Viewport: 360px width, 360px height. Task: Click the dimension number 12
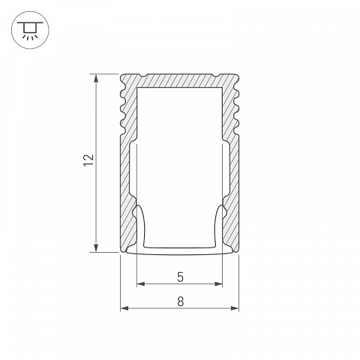(x=89, y=160)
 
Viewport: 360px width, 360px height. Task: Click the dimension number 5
(x=180, y=277)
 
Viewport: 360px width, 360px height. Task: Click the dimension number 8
(x=181, y=301)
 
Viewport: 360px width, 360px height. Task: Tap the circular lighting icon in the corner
(x=30, y=30)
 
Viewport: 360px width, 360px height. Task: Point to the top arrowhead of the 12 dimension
(x=96, y=79)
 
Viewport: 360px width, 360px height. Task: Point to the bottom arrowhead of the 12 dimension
(x=96, y=247)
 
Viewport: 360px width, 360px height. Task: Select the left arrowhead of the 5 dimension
(x=141, y=283)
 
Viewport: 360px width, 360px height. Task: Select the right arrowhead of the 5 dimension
(x=218, y=283)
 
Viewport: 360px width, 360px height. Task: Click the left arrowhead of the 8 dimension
(x=124, y=308)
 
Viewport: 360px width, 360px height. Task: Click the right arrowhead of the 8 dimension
(x=234, y=308)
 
